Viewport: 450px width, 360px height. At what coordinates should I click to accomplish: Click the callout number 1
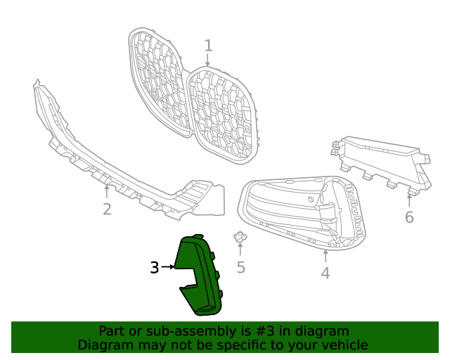(208, 46)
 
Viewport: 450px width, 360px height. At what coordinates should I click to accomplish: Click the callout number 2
(107, 209)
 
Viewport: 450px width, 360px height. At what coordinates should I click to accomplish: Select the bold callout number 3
(155, 267)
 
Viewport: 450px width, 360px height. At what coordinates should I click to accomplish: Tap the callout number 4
(325, 273)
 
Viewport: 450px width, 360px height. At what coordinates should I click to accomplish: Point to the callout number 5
(240, 267)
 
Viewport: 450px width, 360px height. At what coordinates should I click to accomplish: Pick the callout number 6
(409, 217)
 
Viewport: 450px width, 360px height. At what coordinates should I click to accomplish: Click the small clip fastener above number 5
(240, 237)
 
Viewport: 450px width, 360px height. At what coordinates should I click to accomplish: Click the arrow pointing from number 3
(169, 267)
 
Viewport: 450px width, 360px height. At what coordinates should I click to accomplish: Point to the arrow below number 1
(208, 61)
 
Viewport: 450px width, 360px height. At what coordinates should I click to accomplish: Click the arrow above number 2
(107, 190)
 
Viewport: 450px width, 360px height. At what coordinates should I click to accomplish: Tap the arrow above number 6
(409, 200)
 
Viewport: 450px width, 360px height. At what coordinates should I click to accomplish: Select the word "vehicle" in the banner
(342, 345)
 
